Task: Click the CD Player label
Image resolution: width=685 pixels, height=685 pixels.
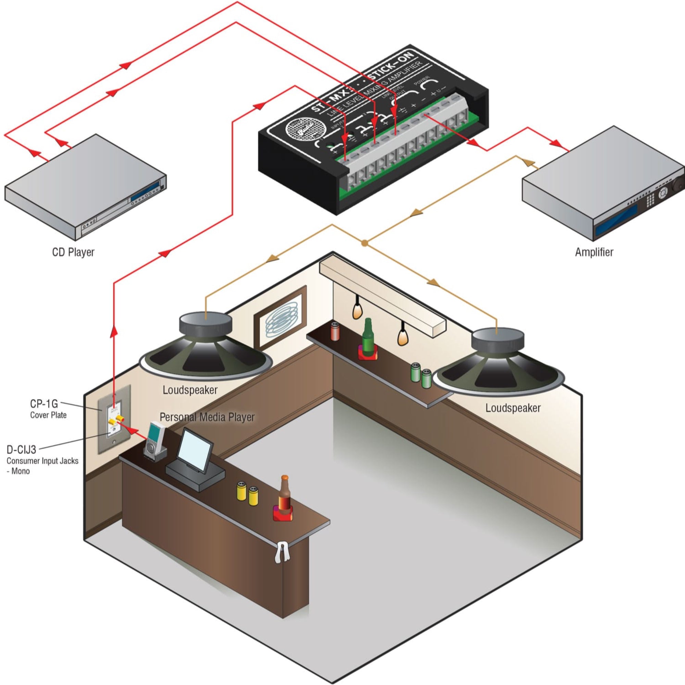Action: click(x=73, y=252)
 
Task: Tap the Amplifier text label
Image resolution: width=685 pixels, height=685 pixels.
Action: click(x=594, y=252)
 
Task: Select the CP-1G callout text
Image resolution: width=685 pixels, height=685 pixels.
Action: click(x=43, y=403)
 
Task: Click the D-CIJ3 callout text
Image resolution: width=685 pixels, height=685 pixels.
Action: click(x=21, y=450)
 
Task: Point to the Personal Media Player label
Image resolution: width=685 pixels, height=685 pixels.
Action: click(x=207, y=417)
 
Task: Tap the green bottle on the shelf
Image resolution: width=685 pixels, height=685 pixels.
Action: click(x=367, y=337)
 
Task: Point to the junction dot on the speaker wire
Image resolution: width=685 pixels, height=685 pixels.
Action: click(x=364, y=243)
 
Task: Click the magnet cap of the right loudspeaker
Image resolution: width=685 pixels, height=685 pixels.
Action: click(x=497, y=341)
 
